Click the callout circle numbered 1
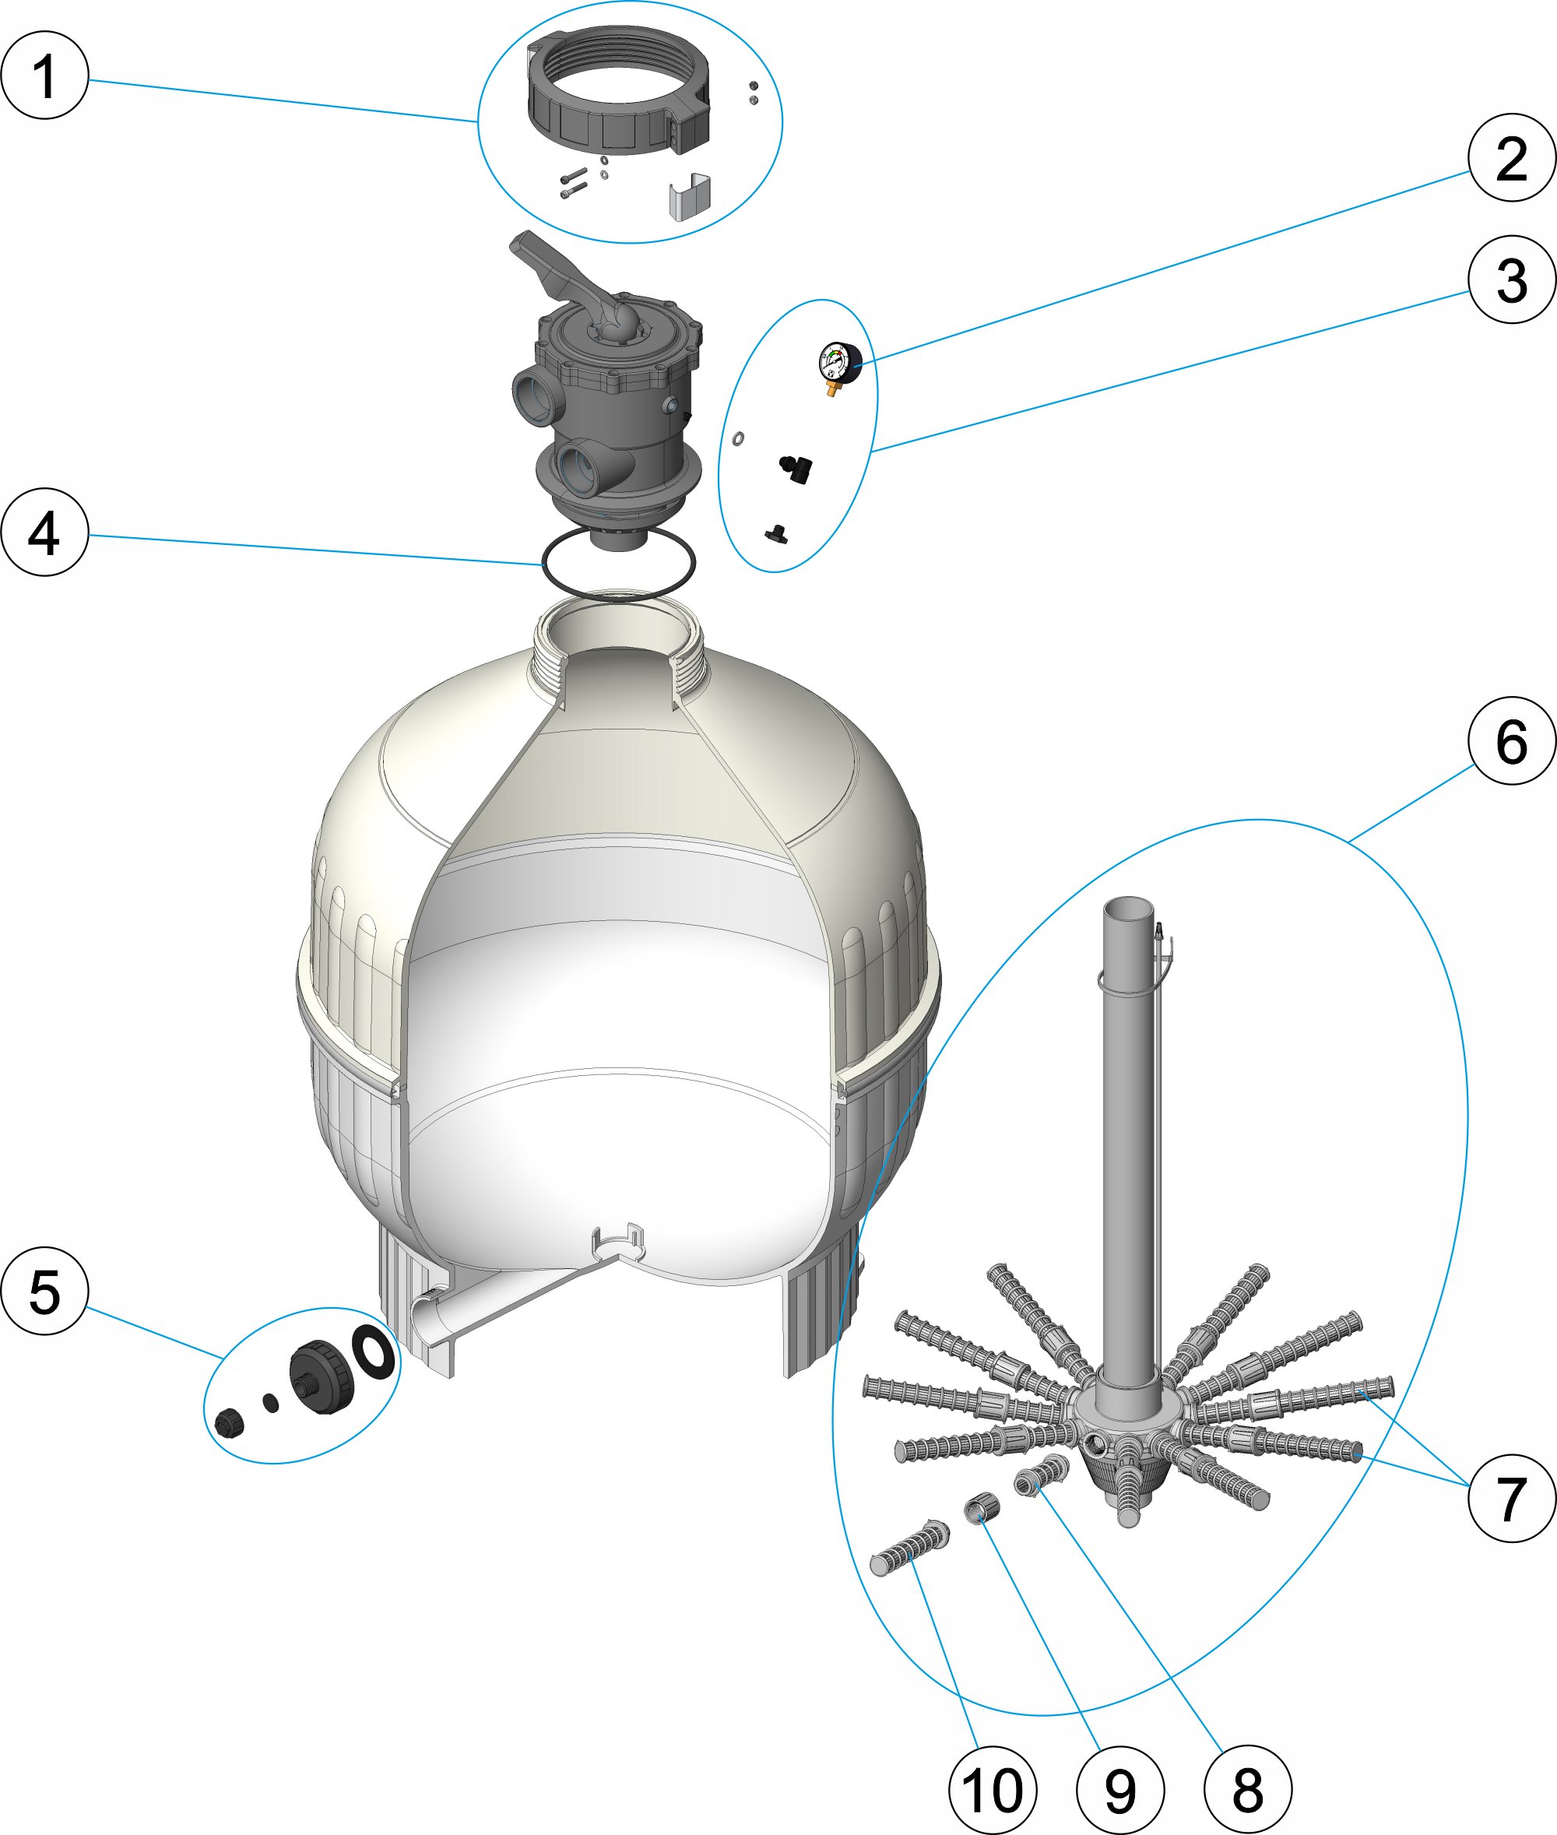point(45,75)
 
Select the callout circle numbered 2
point(1512,158)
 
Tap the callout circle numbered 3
point(1512,279)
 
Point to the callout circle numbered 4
point(45,533)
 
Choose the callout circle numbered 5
point(45,1290)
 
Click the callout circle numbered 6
point(1512,740)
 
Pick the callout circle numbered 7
point(1512,1498)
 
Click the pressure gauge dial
point(840,363)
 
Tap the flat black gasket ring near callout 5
point(374,1352)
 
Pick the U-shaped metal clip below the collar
point(689,196)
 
